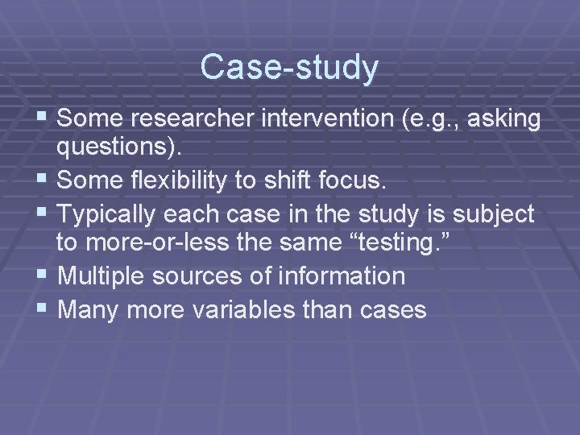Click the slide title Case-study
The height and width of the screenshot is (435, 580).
pos(289,67)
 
